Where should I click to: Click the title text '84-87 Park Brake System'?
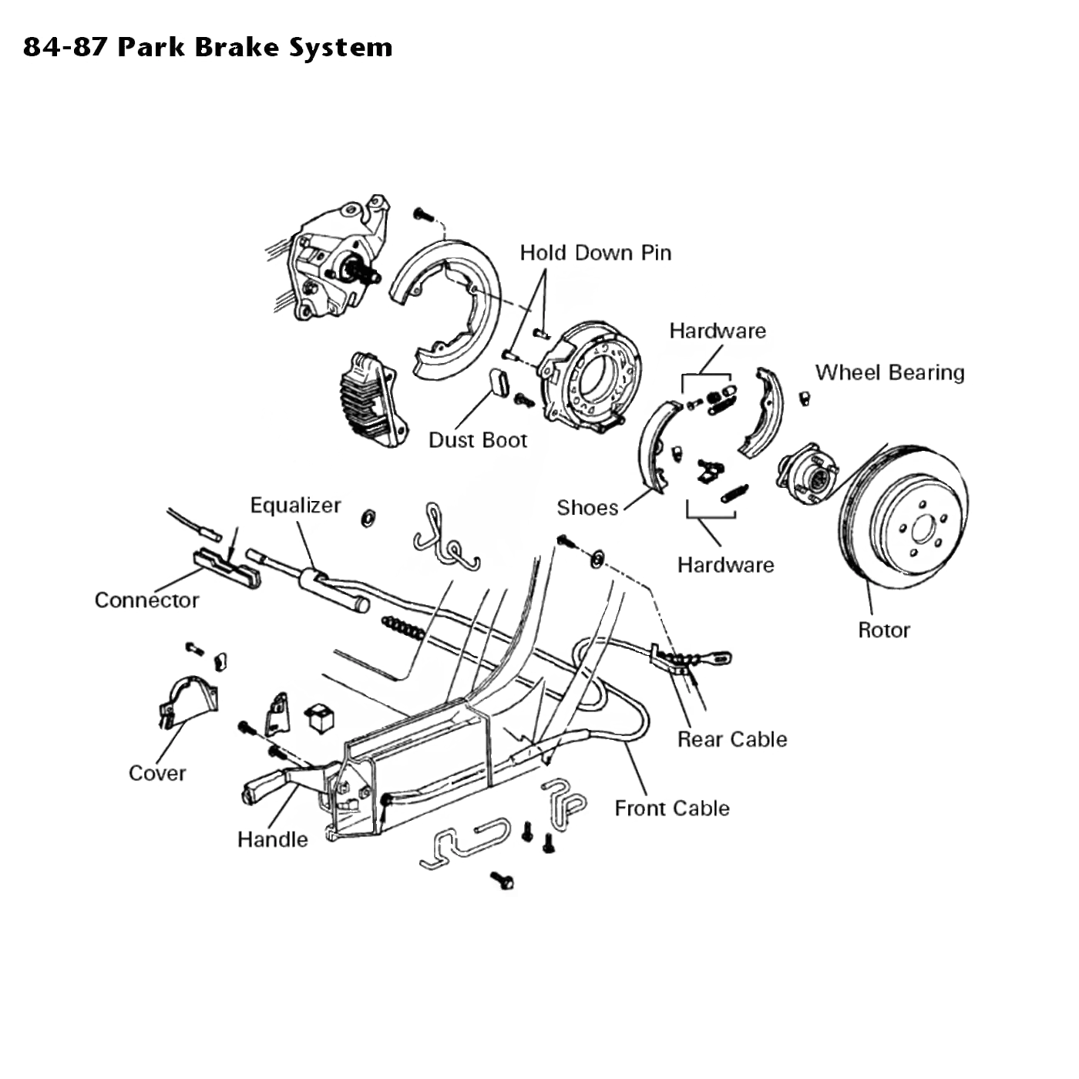point(208,47)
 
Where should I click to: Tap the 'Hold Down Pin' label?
point(596,253)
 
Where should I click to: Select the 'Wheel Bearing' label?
point(889,372)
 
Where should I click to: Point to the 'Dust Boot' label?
point(478,440)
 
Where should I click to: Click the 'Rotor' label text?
point(884,630)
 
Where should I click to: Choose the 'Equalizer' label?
point(295,506)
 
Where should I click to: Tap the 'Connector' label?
point(146,600)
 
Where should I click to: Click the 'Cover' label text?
point(157,773)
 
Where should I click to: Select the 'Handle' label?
point(273,839)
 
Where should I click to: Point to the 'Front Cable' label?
point(672,808)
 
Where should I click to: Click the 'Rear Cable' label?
point(732,739)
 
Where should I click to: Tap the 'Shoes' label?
point(587,508)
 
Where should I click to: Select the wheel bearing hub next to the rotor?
point(806,474)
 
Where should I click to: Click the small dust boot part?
point(499,382)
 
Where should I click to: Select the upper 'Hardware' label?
point(718,331)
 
